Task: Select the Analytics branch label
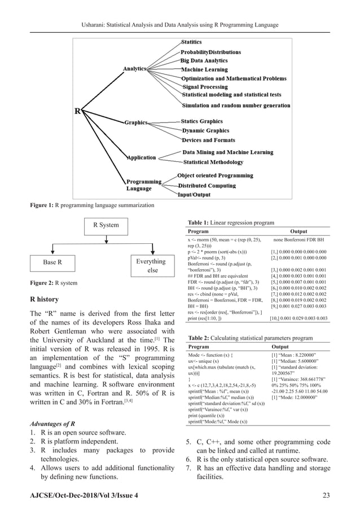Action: tap(135, 68)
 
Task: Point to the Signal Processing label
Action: tap(205, 87)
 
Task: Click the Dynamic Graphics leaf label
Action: tap(205, 131)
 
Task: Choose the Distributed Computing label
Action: tap(207, 186)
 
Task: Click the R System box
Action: tap(106, 225)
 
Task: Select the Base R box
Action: tap(52, 262)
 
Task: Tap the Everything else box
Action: tap(151, 266)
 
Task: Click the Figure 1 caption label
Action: tap(42, 205)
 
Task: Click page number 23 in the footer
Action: tap(326, 495)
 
